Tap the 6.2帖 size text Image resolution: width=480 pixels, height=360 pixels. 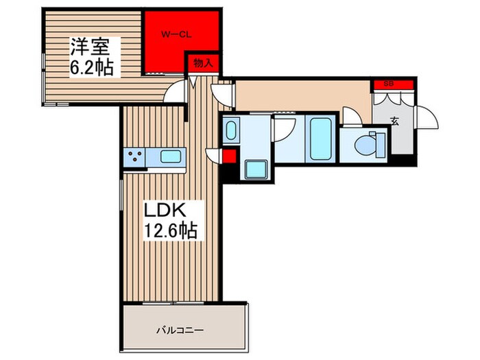coord(92,68)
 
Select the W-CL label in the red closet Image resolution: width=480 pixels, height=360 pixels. coord(176,34)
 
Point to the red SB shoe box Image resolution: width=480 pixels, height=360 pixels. coord(394,84)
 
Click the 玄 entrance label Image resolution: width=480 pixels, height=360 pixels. coord(395,122)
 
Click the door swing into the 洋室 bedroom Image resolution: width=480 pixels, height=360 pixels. coord(178,90)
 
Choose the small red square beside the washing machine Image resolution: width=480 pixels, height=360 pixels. coord(229,156)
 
